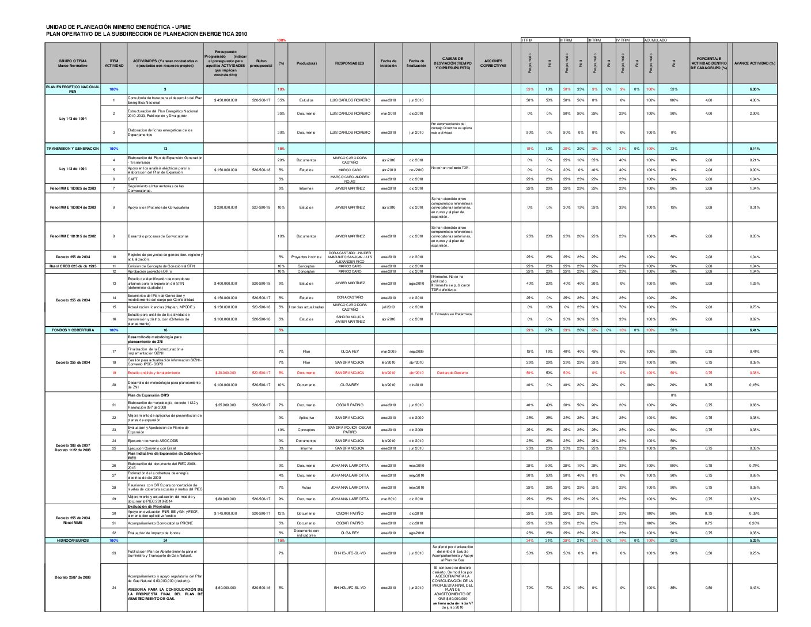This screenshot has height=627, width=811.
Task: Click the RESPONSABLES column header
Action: click(349, 63)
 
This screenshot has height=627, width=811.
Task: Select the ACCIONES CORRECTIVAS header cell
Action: click(493, 63)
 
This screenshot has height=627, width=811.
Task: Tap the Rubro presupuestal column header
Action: click(261, 63)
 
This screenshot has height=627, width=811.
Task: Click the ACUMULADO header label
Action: click(655, 40)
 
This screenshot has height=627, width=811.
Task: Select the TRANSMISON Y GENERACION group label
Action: click(73, 149)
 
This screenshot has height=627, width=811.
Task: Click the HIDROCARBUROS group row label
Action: click(73, 541)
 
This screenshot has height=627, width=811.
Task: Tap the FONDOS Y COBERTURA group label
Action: click(73, 330)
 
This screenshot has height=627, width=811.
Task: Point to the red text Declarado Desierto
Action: click(452, 373)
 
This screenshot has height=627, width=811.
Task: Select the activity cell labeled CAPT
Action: click(132, 179)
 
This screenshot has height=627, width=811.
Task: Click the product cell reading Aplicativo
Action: click(306, 418)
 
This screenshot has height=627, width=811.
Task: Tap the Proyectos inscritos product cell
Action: click(306, 257)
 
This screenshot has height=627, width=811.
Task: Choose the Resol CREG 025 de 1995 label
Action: click(73, 266)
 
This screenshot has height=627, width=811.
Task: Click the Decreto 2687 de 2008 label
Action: click(73, 577)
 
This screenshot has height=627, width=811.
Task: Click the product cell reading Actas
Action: click(306, 488)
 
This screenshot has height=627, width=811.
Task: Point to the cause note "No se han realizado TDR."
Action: click(450, 168)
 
